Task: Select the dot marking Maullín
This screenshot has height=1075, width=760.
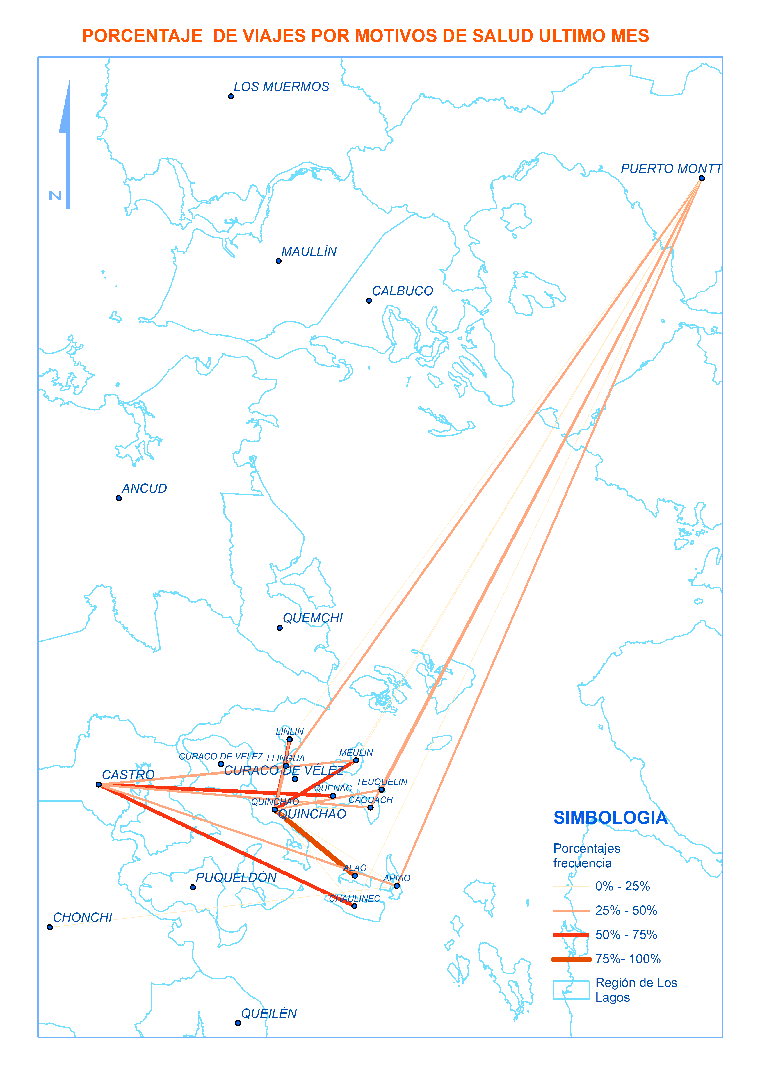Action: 279,261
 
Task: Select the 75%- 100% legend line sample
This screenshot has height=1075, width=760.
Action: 571,959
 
